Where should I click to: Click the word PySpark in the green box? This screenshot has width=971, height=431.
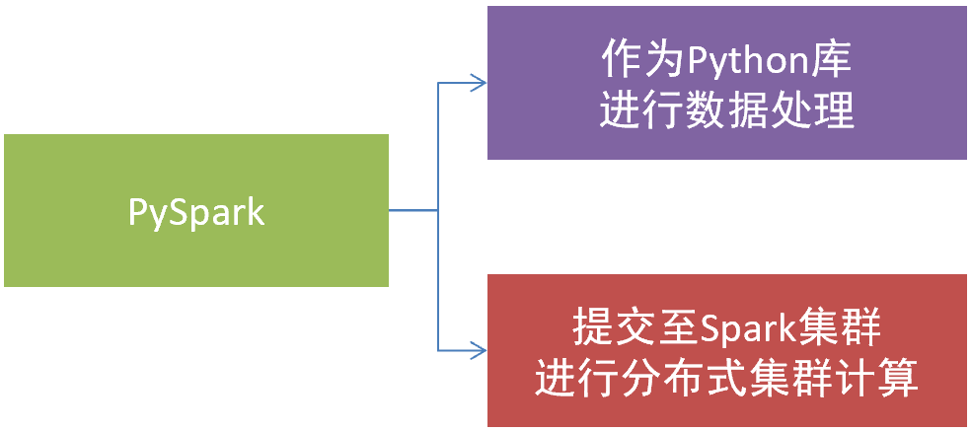196,212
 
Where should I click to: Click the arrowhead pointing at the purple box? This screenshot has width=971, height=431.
480,83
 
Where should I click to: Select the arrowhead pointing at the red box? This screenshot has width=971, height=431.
480,349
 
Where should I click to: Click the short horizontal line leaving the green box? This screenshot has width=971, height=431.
412,210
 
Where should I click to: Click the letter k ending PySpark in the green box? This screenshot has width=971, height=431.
255,212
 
